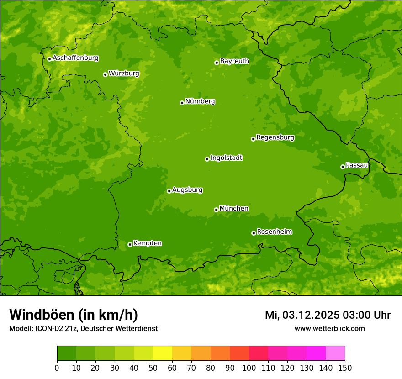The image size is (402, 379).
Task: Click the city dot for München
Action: tap(216, 210)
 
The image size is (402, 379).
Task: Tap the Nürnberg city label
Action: tap(200, 101)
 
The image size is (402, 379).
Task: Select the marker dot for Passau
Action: tap(343, 167)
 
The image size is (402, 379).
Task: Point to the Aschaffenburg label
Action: tap(75, 58)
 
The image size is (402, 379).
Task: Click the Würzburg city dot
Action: tap(105, 74)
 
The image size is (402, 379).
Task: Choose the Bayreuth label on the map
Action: tap(234, 61)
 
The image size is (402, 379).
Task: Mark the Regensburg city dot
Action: tap(253, 139)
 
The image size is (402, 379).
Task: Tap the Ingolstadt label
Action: tap(226, 158)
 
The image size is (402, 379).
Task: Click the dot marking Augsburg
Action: tap(169, 191)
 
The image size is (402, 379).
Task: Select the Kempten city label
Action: tap(147, 243)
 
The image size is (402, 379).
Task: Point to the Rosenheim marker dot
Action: tap(254, 233)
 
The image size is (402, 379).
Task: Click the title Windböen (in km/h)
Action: tap(74, 315)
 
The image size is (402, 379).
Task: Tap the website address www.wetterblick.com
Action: tap(329, 328)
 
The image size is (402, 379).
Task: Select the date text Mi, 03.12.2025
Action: tap(301, 315)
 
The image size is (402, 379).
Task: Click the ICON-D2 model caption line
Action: tap(83, 328)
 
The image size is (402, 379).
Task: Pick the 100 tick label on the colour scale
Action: tap(249, 368)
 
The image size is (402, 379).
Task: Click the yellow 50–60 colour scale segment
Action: tap(163, 353)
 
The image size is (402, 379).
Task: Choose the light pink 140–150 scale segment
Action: tap(335, 353)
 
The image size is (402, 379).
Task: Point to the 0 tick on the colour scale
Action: tap(57, 368)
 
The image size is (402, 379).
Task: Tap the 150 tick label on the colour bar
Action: tap(345, 368)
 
